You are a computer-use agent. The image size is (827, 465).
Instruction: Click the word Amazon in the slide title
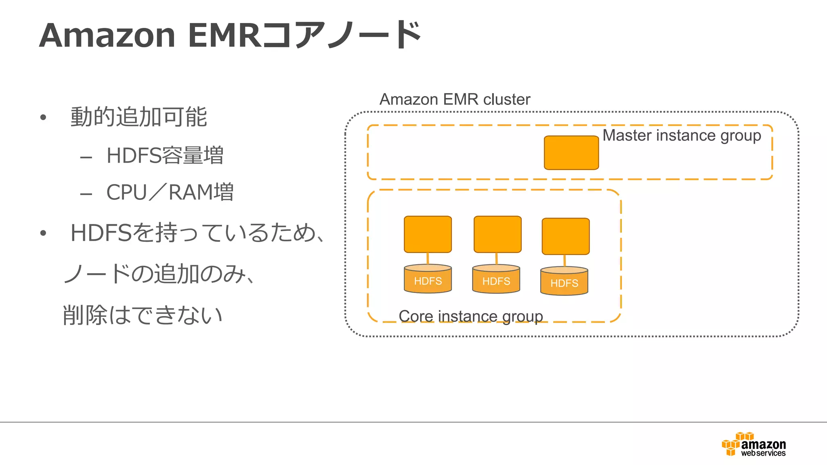(x=107, y=36)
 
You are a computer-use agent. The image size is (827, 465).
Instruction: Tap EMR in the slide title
(x=225, y=36)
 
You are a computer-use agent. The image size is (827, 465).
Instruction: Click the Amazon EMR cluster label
(x=455, y=99)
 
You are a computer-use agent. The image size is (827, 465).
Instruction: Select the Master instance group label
(x=682, y=136)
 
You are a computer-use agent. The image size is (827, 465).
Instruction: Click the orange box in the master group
(x=571, y=153)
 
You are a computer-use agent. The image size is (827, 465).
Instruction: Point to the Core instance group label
(x=470, y=316)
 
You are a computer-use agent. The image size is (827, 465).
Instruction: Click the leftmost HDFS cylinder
(x=428, y=279)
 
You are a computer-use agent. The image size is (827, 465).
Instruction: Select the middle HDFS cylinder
(x=496, y=279)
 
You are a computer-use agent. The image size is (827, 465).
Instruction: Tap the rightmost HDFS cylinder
(x=564, y=281)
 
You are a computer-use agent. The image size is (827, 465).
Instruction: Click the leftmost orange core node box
(x=428, y=234)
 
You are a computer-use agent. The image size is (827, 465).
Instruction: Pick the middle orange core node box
(x=497, y=234)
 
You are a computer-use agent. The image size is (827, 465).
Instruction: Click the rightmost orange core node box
(x=565, y=236)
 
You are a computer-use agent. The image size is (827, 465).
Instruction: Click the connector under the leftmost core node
(x=428, y=259)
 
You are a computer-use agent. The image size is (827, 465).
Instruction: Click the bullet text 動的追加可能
(x=139, y=117)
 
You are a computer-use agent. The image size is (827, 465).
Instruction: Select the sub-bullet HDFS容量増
(x=165, y=155)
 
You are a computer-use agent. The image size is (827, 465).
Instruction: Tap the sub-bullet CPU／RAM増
(x=170, y=192)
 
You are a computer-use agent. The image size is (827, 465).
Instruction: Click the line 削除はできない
(x=143, y=315)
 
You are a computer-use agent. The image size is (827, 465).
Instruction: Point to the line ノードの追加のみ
(x=160, y=274)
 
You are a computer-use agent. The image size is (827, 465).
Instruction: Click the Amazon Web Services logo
(x=754, y=444)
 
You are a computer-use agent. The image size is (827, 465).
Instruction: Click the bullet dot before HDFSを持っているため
(x=43, y=233)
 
